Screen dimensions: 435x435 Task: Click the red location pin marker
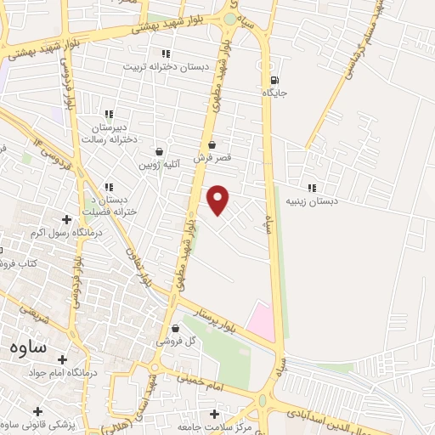click(219, 200)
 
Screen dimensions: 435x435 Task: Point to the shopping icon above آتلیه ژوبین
click(160, 150)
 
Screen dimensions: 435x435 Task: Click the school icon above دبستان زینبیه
click(312, 188)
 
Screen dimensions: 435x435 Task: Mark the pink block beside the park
click(263, 319)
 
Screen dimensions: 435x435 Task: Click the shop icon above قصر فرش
click(212, 144)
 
